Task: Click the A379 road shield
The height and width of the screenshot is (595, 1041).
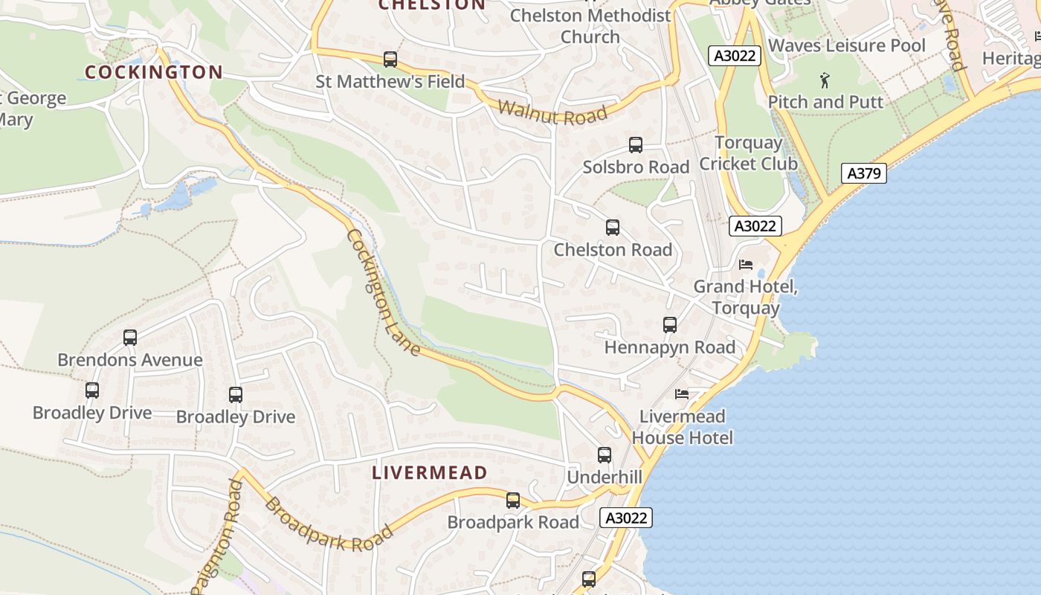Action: (x=865, y=173)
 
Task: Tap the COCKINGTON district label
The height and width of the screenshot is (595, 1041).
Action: (x=153, y=72)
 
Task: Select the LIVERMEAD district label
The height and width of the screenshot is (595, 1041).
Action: (x=430, y=472)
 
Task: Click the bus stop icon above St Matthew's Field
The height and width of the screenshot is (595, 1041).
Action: (x=390, y=59)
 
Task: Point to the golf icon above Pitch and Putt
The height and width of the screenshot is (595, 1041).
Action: (x=825, y=79)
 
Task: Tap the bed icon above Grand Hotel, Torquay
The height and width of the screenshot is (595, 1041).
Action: (x=746, y=265)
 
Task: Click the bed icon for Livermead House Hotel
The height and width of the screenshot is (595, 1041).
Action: (x=682, y=393)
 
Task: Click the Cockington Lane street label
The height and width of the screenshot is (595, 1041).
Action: (x=383, y=292)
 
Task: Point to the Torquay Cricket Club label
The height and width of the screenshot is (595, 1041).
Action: (x=748, y=153)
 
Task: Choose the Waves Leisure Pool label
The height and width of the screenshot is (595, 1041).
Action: (x=846, y=45)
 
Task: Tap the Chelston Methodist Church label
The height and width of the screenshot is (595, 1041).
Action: (x=590, y=25)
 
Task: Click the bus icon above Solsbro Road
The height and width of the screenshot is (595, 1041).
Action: (x=635, y=145)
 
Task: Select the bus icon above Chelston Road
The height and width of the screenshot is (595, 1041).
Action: (x=612, y=228)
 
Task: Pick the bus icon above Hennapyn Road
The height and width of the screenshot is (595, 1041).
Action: (x=669, y=325)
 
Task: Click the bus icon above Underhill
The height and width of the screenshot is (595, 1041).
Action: (x=604, y=454)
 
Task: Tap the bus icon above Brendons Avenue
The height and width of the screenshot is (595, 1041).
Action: (x=130, y=338)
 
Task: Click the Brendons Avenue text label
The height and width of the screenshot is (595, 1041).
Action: (x=130, y=360)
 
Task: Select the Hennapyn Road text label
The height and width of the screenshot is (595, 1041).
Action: (x=669, y=347)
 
